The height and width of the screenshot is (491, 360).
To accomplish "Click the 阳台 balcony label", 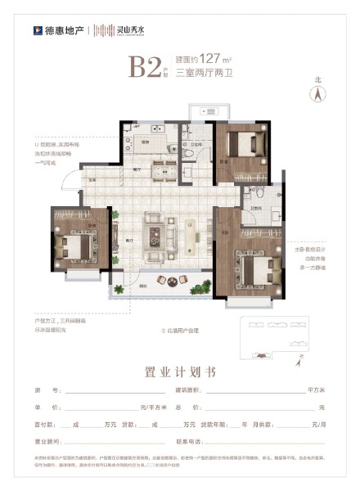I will (144, 286).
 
